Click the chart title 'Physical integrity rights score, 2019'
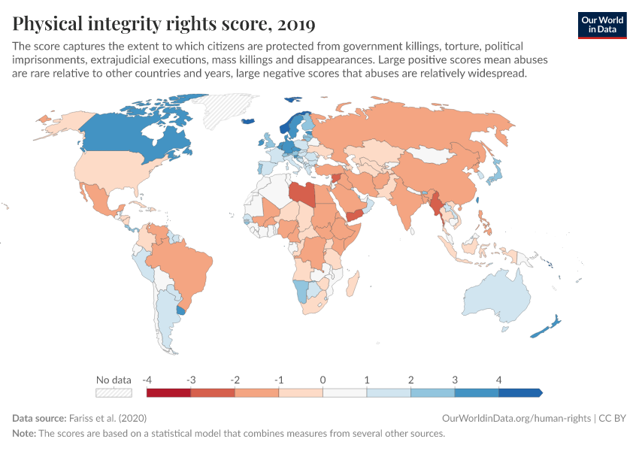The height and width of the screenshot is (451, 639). tap(164, 24)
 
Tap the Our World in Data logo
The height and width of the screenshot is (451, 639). tap(601, 24)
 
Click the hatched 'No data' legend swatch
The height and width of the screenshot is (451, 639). tap(114, 392)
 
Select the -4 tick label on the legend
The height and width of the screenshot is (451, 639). tap(147, 380)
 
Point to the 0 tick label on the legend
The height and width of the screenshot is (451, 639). tap(323, 380)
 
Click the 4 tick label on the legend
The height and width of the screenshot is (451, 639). tap(498, 380)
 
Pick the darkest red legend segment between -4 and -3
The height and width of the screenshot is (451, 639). tap(169, 392)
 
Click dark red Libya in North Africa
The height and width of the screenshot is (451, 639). tap(301, 194)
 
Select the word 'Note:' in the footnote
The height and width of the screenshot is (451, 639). tap(25, 434)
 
